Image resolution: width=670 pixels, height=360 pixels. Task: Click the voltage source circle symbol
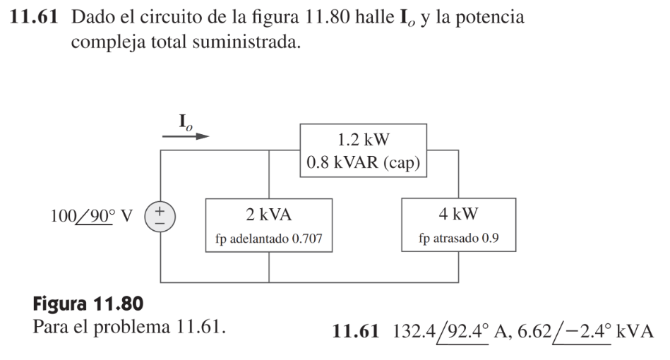tap(161, 215)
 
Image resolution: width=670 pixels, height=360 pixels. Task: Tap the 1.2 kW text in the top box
tap(364, 139)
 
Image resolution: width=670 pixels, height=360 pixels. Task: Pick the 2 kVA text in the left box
tap(268, 212)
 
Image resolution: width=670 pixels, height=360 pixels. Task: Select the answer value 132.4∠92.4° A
tap(437, 329)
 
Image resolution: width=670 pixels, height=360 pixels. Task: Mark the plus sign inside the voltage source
tap(161, 210)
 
